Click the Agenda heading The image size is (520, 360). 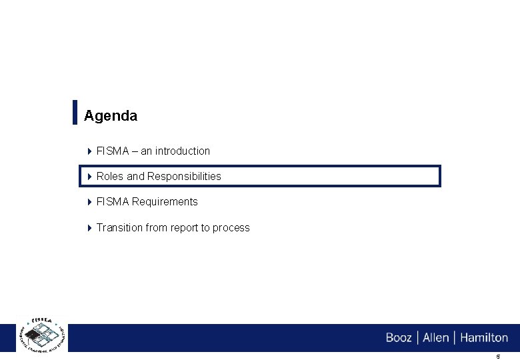click(111, 115)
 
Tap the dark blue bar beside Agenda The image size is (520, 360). click(74, 112)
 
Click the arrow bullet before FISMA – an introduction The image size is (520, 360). click(90, 151)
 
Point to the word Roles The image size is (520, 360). click(110, 177)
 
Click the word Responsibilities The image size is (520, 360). click(184, 177)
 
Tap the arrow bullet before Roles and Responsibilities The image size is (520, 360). click(90, 177)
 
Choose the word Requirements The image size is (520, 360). click(165, 202)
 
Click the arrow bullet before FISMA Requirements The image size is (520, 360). click(90, 202)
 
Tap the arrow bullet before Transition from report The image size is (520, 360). click(90, 228)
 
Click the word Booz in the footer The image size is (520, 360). click(399, 338)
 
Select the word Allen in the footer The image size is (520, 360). click(436, 338)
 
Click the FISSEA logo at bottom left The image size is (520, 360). click(41, 333)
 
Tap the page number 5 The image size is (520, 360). click(497, 357)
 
